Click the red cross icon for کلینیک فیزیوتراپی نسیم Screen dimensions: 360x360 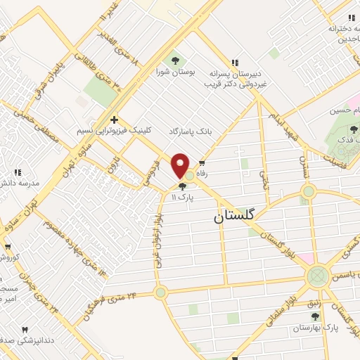point(114,119)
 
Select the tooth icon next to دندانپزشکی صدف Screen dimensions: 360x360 point(25,329)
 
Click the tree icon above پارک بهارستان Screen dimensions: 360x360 point(315,317)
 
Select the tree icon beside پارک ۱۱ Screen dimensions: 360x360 point(183,187)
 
